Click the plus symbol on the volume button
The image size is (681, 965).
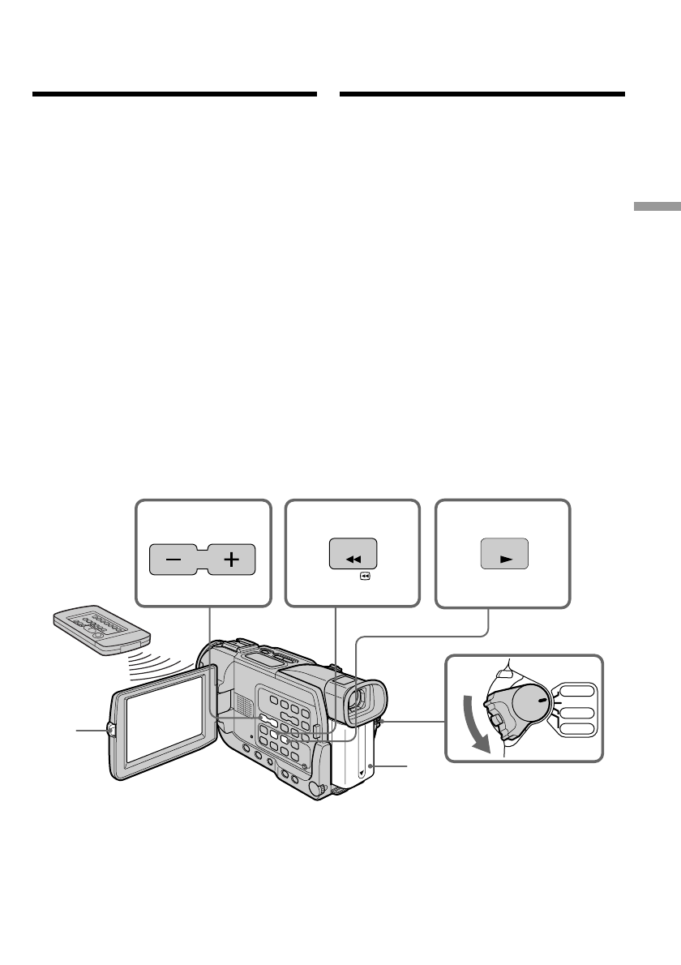coord(232,560)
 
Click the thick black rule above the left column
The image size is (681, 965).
coord(173,95)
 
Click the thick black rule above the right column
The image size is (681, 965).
coord(482,95)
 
